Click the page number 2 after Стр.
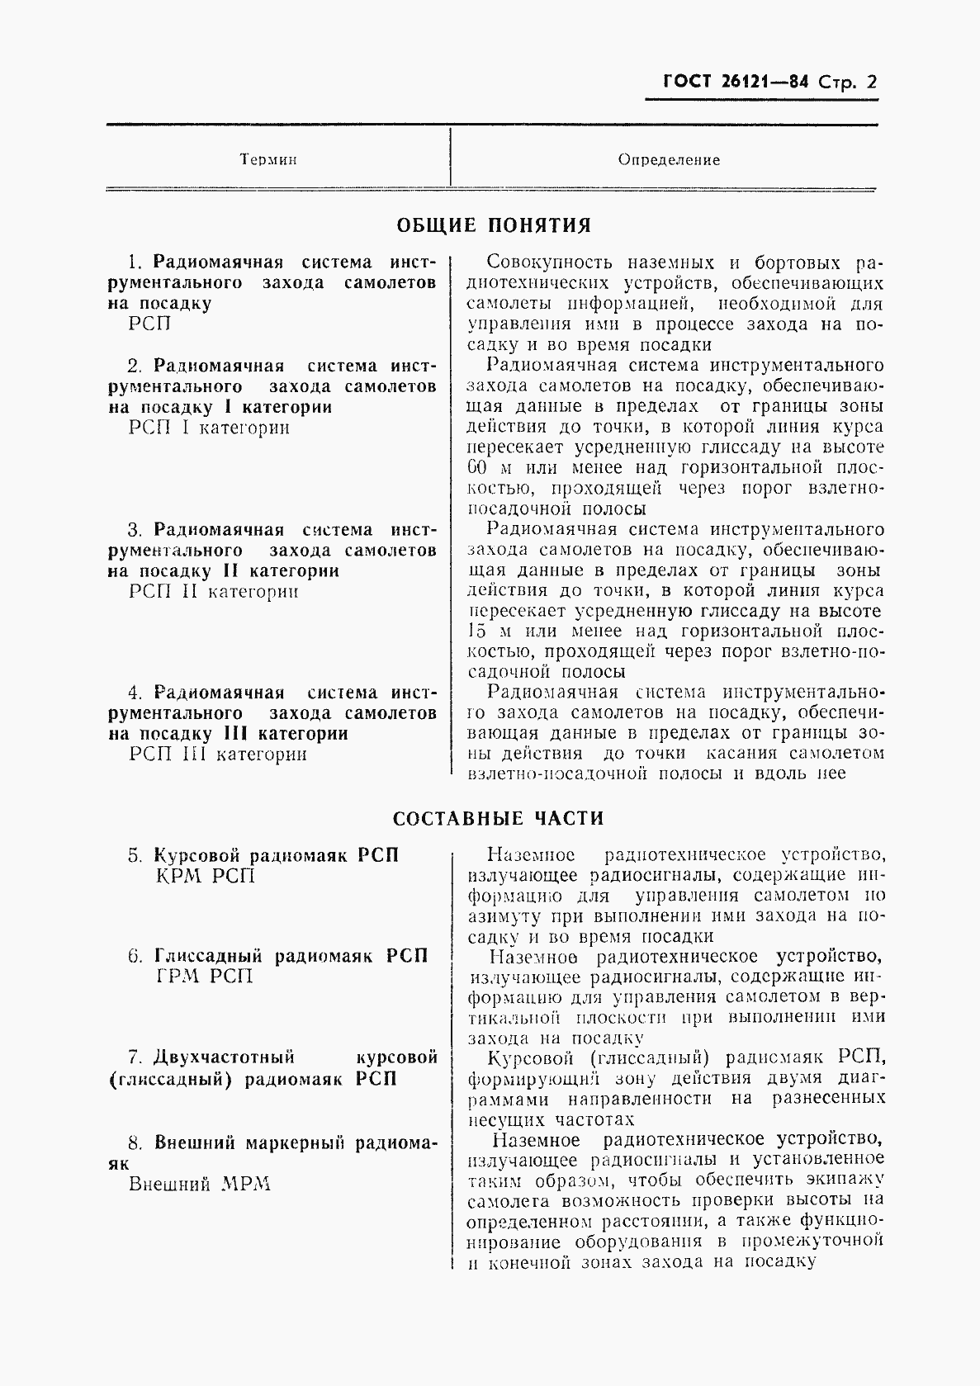point(869,82)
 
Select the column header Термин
point(268,159)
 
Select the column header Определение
point(669,159)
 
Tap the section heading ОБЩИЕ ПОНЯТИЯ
point(494,225)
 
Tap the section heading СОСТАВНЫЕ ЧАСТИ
point(498,818)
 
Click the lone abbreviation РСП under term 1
point(150,324)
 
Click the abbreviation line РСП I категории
point(210,428)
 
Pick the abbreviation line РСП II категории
point(214,591)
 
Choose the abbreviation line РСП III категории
point(218,754)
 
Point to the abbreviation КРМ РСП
point(206,876)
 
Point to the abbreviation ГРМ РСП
point(204,977)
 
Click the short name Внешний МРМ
point(200,1184)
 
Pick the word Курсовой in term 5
point(196,855)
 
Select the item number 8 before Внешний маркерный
point(135,1144)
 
